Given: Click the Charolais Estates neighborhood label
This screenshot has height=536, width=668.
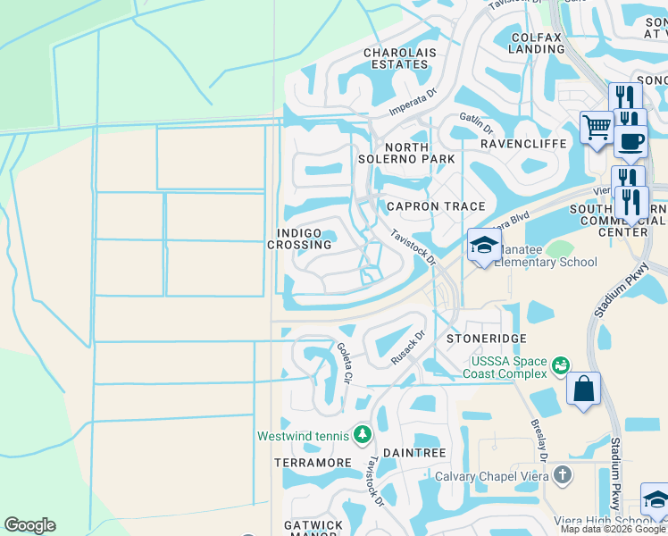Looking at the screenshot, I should pyautogui.click(x=399, y=59).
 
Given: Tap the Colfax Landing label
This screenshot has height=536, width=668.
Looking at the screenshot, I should pyautogui.click(x=537, y=43).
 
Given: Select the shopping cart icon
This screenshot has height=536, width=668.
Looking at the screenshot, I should pyautogui.click(x=596, y=125).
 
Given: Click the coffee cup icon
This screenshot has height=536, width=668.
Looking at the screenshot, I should pyautogui.click(x=630, y=141).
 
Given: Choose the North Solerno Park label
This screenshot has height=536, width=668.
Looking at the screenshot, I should pyautogui.click(x=419, y=153).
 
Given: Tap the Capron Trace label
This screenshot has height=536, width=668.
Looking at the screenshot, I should pyautogui.click(x=435, y=206).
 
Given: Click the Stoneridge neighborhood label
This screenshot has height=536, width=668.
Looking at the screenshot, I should pyautogui.click(x=487, y=339).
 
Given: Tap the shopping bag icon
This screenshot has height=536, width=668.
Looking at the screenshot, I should pyautogui.click(x=583, y=389).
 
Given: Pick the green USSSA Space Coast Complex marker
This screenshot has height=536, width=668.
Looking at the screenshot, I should pyautogui.click(x=561, y=364).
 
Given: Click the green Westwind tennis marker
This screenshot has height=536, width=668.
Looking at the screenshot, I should pyautogui.click(x=362, y=435).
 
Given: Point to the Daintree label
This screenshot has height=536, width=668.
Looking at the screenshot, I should pyautogui.click(x=413, y=454).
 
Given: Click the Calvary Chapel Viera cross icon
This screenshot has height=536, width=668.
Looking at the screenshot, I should pyautogui.click(x=561, y=474).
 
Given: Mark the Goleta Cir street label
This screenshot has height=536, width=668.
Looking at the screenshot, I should pyautogui.click(x=344, y=364).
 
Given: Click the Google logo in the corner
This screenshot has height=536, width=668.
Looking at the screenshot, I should pyautogui.click(x=29, y=525).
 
